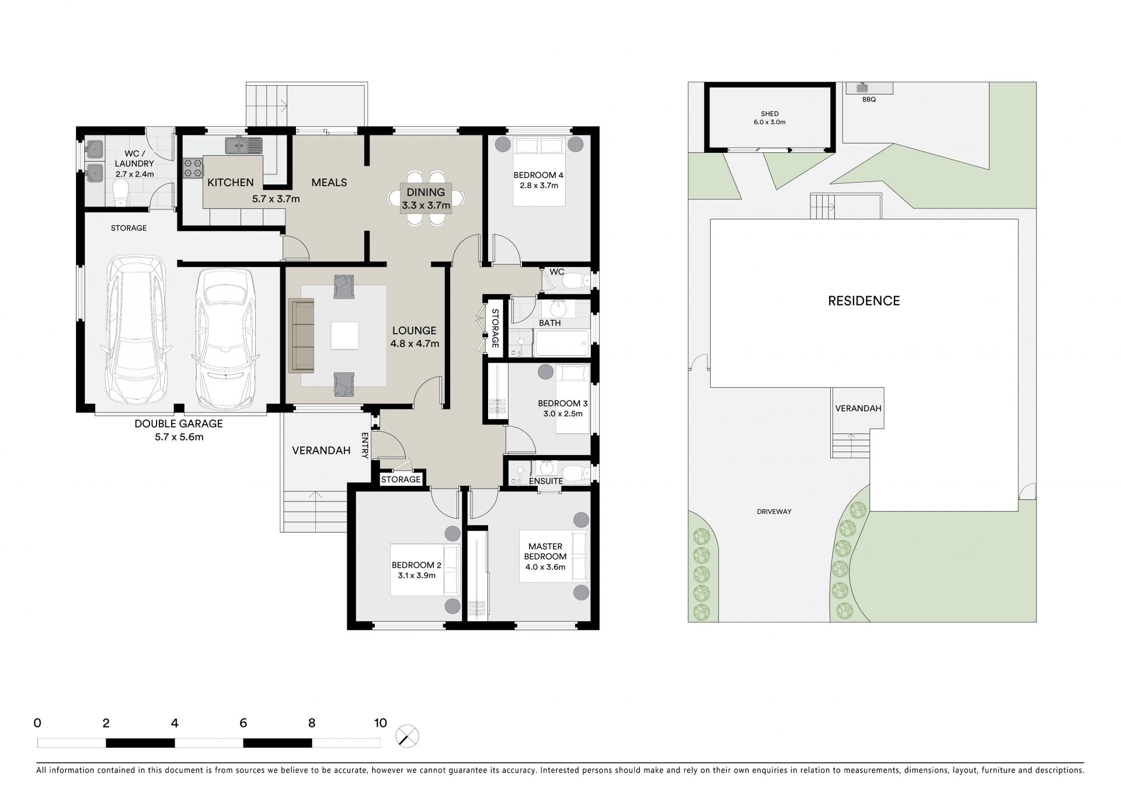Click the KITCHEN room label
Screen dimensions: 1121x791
(x=231, y=183)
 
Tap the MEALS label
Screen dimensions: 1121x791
(x=329, y=183)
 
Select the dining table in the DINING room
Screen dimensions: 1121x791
(x=426, y=198)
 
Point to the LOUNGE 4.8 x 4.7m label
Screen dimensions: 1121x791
(x=415, y=337)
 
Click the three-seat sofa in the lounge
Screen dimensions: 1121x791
(x=301, y=335)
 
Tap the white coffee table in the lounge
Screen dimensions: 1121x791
(x=344, y=335)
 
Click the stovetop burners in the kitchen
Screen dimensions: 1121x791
(x=193, y=169)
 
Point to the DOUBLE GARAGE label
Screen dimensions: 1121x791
(x=179, y=424)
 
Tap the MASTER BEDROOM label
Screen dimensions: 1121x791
(x=545, y=551)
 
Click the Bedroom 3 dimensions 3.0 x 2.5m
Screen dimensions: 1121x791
(x=563, y=414)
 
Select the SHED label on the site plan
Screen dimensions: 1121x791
(x=770, y=114)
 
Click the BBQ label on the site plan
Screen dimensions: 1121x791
(x=869, y=100)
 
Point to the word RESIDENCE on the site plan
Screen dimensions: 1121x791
(x=864, y=301)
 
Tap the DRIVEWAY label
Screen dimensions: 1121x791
(x=774, y=512)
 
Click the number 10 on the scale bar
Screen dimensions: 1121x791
(x=380, y=723)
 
